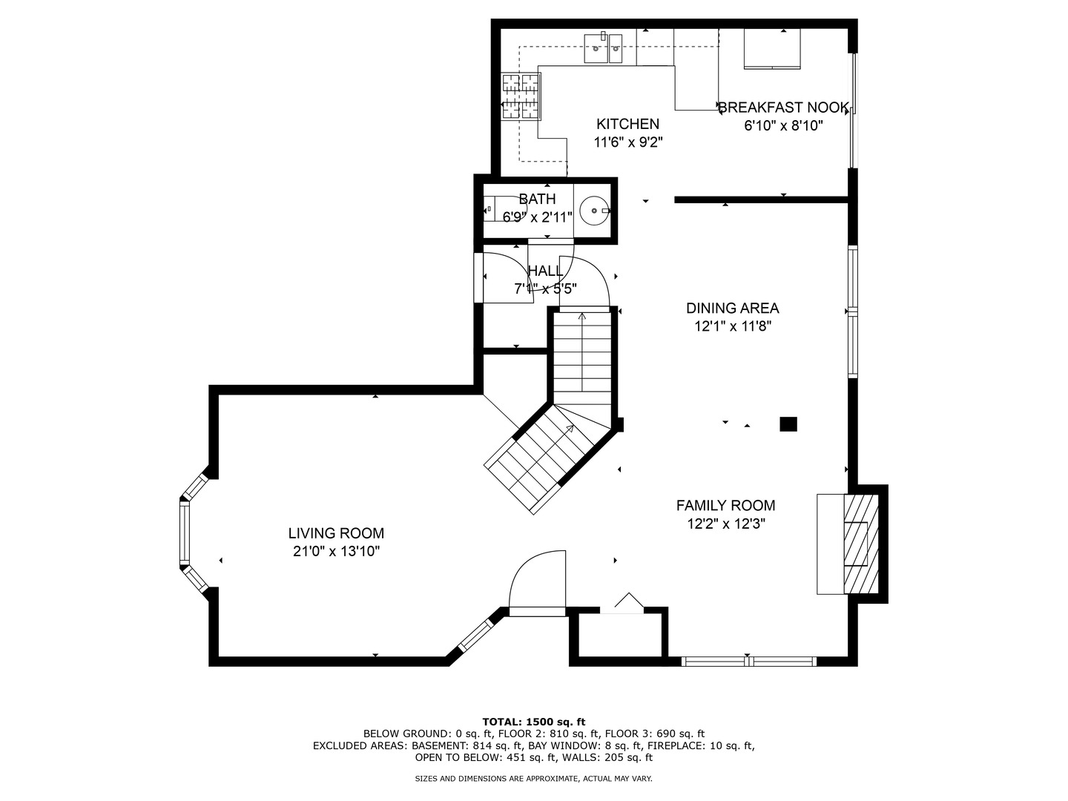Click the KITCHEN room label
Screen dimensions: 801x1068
coord(627,124)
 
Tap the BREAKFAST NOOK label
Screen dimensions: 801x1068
coord(783,108)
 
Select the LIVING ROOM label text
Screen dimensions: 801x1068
coord(336,533)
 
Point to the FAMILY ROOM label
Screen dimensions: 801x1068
coord(725,506)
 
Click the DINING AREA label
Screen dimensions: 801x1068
coord(732,309)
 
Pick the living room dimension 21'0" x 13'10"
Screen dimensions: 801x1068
coord(336,552)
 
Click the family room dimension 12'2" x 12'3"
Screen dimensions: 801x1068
coord(725,524)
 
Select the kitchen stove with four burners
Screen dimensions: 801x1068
coord(521,96)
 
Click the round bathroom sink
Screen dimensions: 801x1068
coord(594,211)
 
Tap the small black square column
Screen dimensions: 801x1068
coord(788,424)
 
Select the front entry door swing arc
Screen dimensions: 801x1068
coord(538,582)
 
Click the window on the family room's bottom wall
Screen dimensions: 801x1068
coord(748,660)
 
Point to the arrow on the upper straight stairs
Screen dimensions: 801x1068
coord(581,317)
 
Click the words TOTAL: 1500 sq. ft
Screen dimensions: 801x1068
coord(533,722)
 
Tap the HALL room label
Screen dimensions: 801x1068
coord(545,271)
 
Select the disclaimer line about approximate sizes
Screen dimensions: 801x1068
coord(533,779)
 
